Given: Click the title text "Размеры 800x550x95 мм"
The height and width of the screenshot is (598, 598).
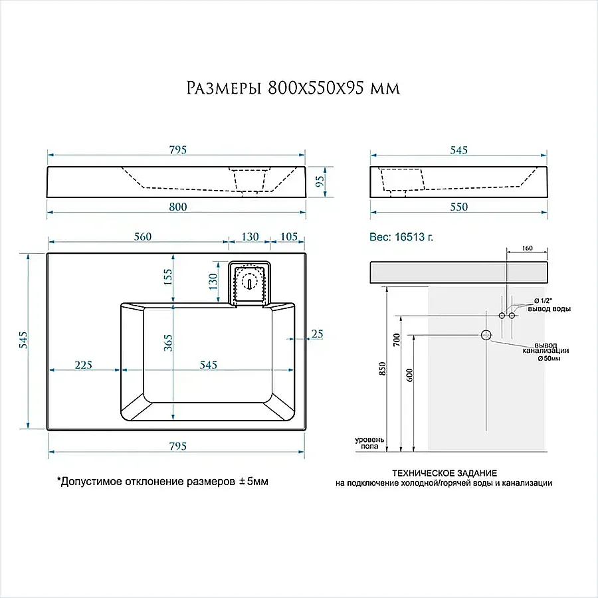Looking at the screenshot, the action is [293, 88].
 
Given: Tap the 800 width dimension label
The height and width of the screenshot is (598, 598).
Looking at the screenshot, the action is [178, 207].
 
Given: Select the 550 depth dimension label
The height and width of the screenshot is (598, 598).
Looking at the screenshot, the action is [458, 207].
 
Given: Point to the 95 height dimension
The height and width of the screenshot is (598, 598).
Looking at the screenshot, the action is [320, 181].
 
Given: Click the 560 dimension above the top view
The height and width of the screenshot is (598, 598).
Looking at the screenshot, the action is [143, 237].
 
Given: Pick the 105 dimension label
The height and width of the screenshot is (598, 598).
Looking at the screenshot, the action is [289, 237].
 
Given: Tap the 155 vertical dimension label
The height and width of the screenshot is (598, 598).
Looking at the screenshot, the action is [168, 277].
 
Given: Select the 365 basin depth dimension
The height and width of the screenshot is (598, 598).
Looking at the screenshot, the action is [168, 343].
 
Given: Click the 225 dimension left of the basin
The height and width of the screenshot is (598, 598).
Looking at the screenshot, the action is [83, 365].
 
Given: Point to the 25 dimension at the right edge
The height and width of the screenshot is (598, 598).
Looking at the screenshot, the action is [318, 334].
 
